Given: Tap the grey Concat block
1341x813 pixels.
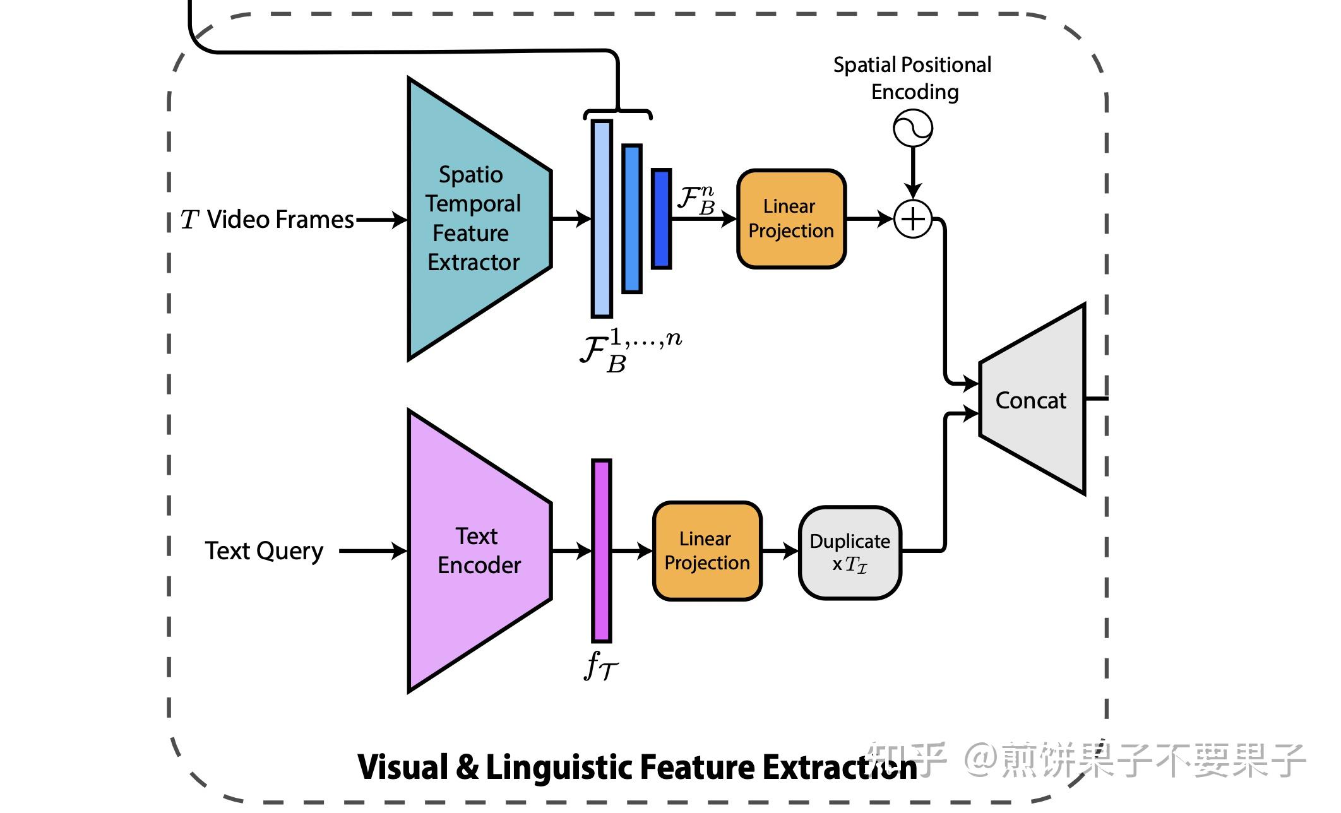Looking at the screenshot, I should pyautogui.click(x=1031, y=400).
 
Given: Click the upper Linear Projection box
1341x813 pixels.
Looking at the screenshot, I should pyautogui.click(x=791, y=219).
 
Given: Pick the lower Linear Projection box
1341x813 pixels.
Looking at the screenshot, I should pyautogui.click(x=707, y=551).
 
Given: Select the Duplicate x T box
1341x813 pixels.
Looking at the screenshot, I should pyautogui.click(x=850, y=552).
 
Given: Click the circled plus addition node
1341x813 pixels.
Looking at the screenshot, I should pyautogui.click(x=913, y=219).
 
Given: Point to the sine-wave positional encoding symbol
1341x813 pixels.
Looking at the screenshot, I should pyautogui.click(x=913, y=128).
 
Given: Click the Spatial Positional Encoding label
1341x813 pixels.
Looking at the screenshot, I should pyautogui.click(x=913, y=78).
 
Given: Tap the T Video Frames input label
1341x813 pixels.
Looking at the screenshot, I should pyautogui.click(x=268, y=220).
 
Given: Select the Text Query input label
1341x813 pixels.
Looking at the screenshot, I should pyautogui.click(x=264, y=551).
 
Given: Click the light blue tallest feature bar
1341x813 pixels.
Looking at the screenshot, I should pyautogui.click(x=602, y=219).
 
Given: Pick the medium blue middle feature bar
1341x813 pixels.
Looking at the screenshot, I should pyautogui.click(x=632, y=219).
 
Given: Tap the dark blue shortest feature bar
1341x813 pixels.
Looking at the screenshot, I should pyautogui.click(x=661, y=219).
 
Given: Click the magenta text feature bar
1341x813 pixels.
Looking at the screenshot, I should pyautogui.click(x=601, y=551).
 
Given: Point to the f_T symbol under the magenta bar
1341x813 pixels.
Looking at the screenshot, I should pyautogui.click(x=600, y=666).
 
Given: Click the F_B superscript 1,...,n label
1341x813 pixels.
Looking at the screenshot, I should pyautogui.click(x=630, y=351).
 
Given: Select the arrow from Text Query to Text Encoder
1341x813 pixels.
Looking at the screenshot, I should pyautogui.click(x=372, y=551).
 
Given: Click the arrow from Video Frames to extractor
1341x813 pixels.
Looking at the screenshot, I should pyautogui.click(x=381, y=220).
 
